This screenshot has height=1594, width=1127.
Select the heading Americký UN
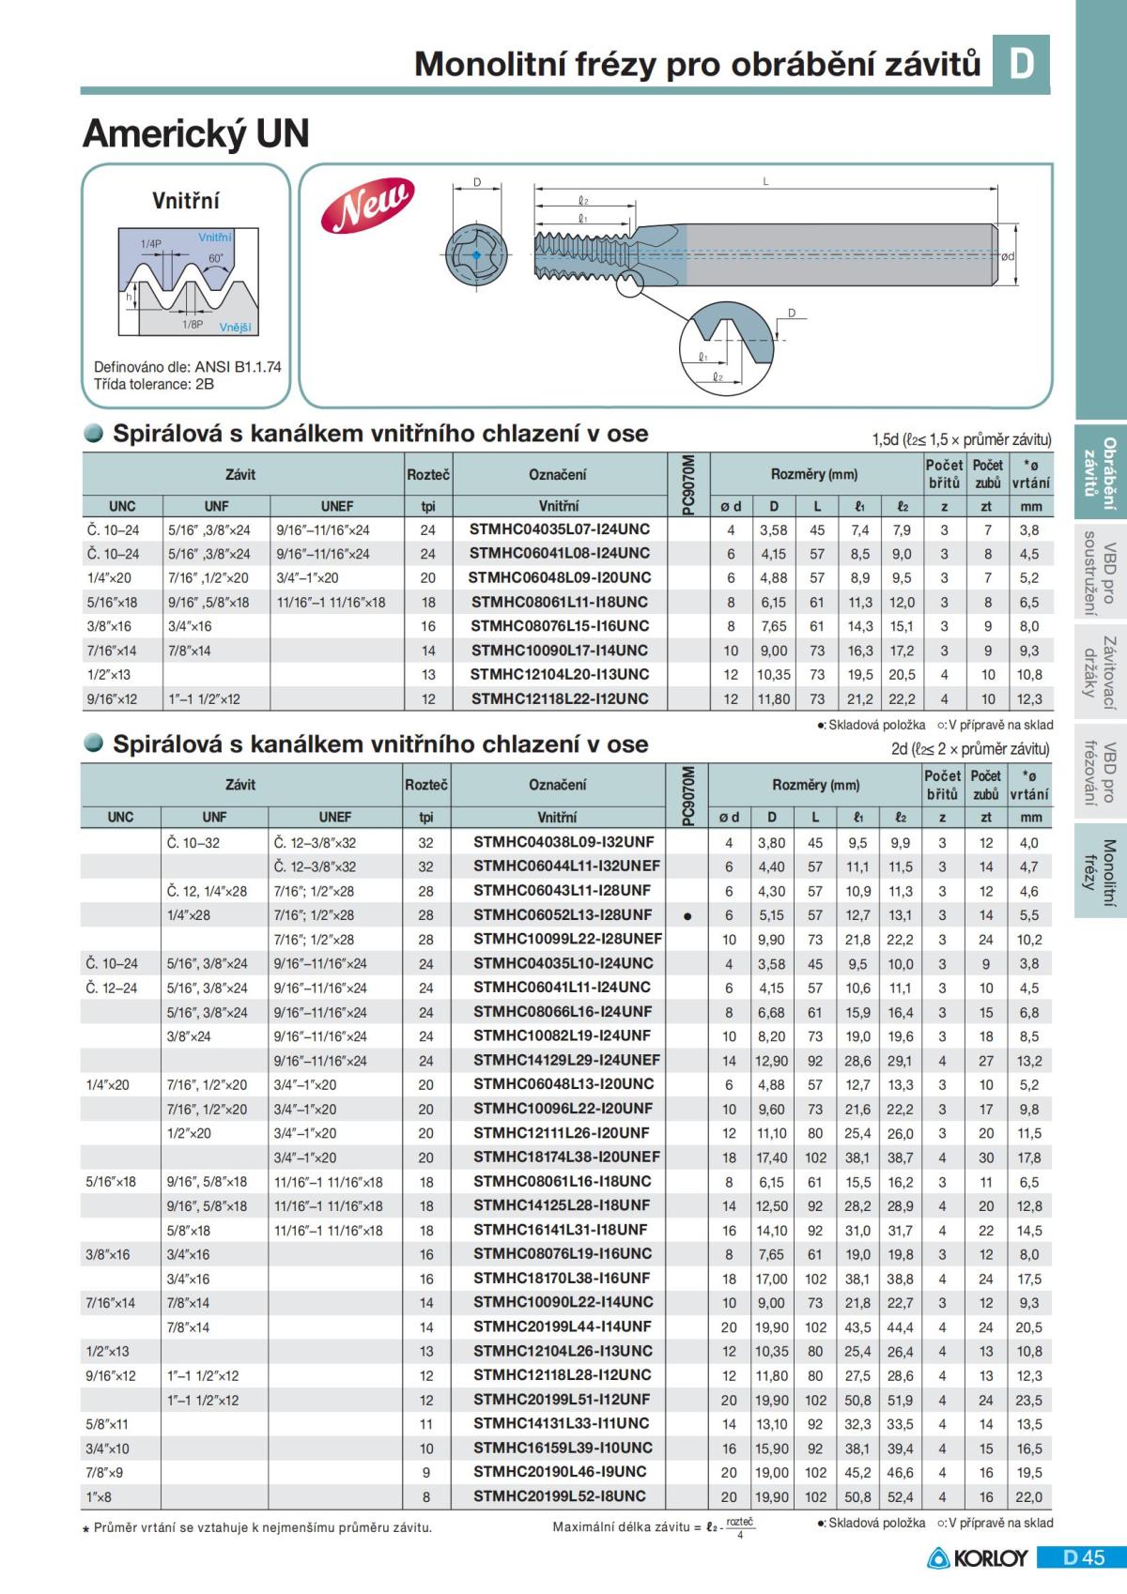coord(196,134)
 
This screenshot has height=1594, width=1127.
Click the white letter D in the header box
coord(1021,63)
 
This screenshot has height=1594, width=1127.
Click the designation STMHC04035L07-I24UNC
coord(559,529)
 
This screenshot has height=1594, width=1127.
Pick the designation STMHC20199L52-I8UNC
coord(559,1496)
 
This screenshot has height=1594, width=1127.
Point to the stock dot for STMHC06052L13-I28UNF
coord(688,916)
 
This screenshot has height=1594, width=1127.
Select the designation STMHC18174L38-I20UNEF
coord(566,1157)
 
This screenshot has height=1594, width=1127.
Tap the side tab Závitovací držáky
coord(1101,667)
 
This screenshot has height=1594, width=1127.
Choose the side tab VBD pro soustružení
coord(1101,574)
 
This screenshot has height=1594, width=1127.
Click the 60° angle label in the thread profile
coord(216,258)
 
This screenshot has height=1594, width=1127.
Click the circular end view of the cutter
coord(476,254)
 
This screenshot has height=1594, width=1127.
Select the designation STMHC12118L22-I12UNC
coord(559,698)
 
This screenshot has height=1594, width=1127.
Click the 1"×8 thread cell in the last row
coord(100,1497)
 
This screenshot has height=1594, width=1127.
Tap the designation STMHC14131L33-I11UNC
coord(561,1423)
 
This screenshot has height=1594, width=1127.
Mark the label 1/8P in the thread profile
coord(192,324)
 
